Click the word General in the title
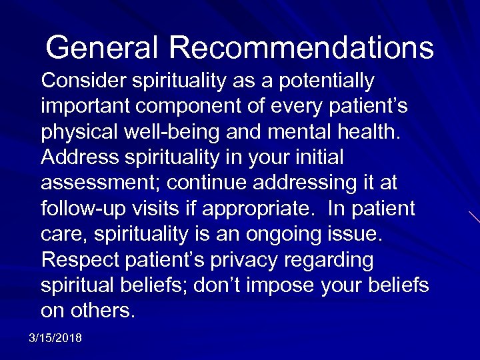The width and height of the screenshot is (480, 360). tap(101, 47)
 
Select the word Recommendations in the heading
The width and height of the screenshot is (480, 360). tap(301, 47)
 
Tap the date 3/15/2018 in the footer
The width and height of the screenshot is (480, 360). tap(55, 339)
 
